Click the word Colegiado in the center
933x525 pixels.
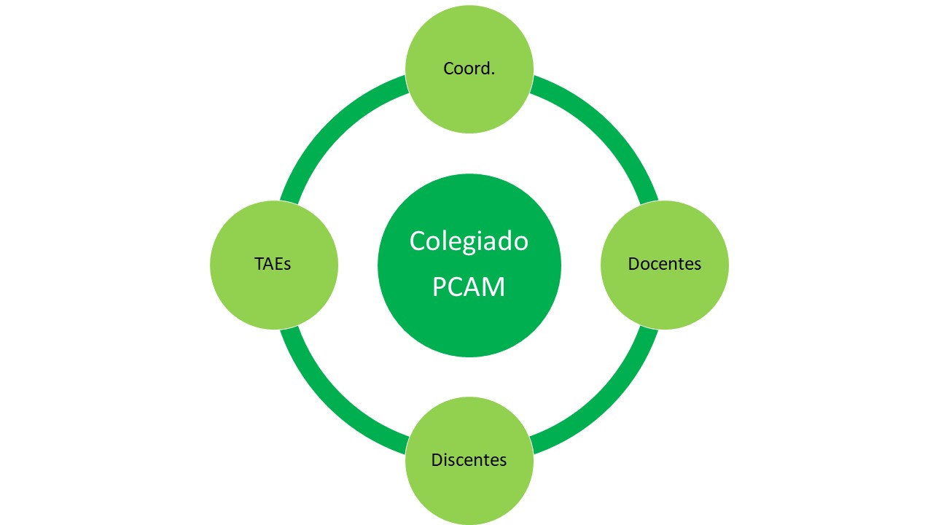click(x=469, y=241)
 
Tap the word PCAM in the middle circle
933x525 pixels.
click(x=469, y=287)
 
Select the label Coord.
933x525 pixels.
click(x=469, y=69)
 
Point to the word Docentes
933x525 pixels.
click(x=664, y=264)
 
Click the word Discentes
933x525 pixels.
click(x=469, y=460)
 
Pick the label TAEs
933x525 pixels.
click(x=273, y=264)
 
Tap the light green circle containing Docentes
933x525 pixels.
click(x=664, y=299)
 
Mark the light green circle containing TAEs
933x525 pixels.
click(x=273, y=299)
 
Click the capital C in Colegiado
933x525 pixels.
click(x=417, y=241)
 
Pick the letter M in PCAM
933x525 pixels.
click(x=493, y=287)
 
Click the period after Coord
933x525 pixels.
click(x=493, y=74)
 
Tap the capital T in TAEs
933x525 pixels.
click(x=259, y=264)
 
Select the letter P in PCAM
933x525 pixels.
click(x=440, y=287)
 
